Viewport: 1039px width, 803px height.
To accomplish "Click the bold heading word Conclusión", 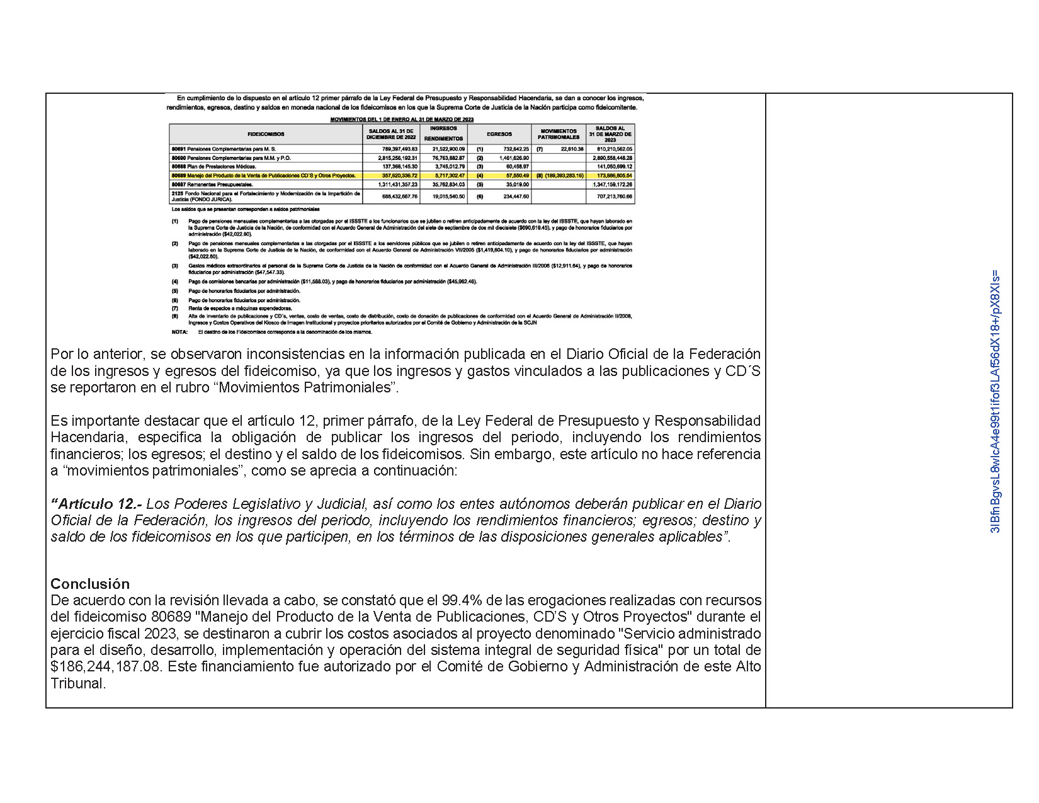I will coord(90,583).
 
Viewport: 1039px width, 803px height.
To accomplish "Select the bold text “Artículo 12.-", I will coord(97,504).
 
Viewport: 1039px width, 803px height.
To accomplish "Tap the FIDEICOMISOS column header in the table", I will coord(266,134).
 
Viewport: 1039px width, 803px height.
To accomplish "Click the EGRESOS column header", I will coord(499,134).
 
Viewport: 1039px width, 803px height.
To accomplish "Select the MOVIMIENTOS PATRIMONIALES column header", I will coord(559,134).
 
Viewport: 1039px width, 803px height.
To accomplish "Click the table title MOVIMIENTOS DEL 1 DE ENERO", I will coord(402,119).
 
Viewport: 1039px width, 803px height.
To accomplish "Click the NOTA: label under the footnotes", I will coord(179,331).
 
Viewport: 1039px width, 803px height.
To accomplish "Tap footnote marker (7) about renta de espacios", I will coord(175,309).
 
